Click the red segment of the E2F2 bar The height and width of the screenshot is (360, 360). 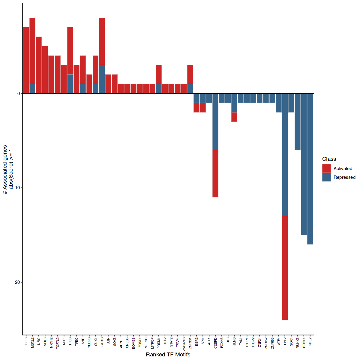[285, 268]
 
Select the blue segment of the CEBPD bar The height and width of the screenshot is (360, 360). [215, 121]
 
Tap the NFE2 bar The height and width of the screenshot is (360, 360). [310, 169]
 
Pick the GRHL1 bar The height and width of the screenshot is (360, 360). [304, 164]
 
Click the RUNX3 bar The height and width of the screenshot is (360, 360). [298, 121]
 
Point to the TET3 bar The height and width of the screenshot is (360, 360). [26, 60]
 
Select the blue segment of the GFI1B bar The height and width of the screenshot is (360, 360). [102, 79]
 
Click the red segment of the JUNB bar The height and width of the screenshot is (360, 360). [234, 117]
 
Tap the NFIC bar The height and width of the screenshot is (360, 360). [39, 65]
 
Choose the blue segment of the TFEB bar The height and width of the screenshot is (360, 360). [70, 84]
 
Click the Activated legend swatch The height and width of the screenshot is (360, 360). [326, 169]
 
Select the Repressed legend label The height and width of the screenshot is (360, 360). [344, 177]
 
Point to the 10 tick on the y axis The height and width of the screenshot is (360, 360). [22, 188]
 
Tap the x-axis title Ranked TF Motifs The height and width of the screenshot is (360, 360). [168, 355]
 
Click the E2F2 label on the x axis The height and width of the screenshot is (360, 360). [285, 342]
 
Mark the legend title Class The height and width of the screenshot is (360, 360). [329, 159]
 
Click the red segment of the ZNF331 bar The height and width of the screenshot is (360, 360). [190, 74]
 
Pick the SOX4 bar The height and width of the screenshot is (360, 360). [291, 103]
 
